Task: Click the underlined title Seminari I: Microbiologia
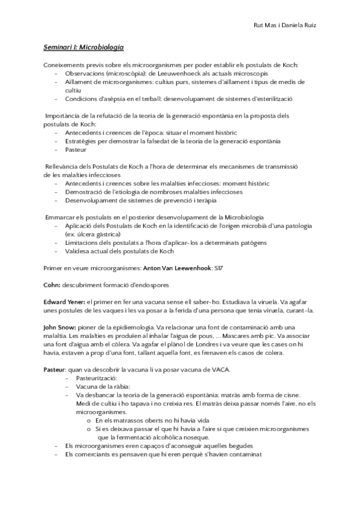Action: pyautogui.click(x=83, y=47)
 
